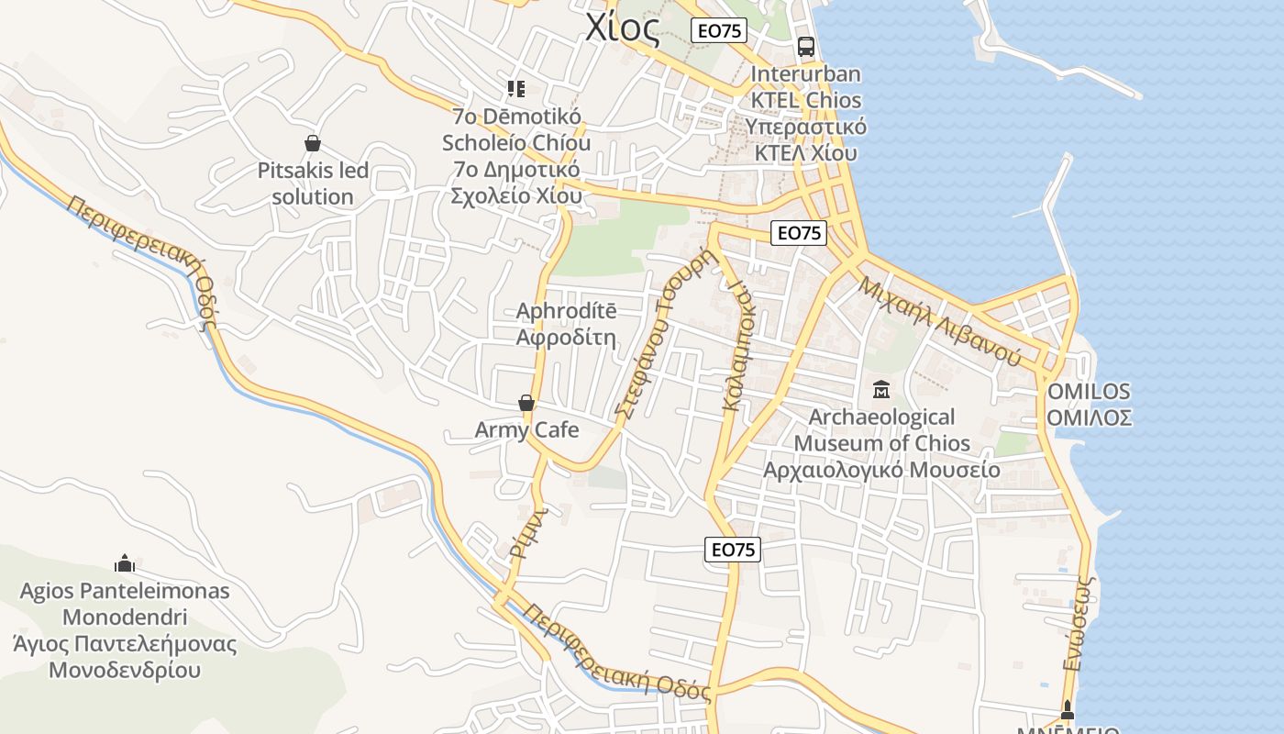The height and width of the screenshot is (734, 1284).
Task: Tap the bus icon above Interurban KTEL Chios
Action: pos(806,47)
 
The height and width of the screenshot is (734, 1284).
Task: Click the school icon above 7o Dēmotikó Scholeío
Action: pos(516,89)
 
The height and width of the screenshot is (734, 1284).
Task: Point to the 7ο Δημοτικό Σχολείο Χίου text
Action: pos(516,183)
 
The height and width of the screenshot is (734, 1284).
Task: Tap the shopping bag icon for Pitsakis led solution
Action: pos(313,143)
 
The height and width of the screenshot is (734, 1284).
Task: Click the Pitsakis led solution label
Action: pos(313,183)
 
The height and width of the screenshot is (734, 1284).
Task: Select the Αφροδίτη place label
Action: pos(566,337)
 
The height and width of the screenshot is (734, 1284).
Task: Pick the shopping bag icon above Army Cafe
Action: pos(526,403)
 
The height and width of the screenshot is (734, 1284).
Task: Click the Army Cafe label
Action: pos(526,429)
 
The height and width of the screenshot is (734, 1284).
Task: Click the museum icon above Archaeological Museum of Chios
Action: pos(881,390)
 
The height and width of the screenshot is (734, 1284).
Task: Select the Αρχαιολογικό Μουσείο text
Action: pos(881,470)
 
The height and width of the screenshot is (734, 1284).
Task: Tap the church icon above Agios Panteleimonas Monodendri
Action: pos(124,562)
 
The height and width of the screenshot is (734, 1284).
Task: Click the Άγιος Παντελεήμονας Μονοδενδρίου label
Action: pos(124,657)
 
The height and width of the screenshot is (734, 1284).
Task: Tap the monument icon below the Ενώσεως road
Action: pos(1066,710)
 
